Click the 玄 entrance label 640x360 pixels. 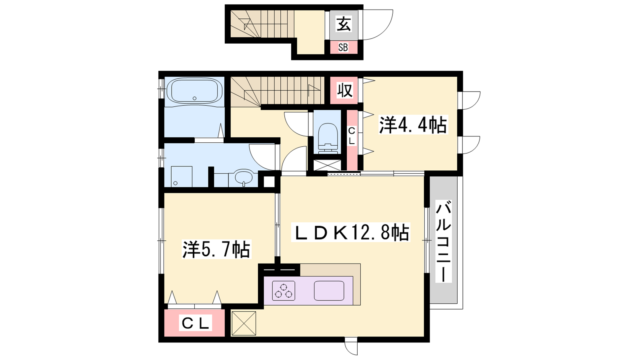[344, 24]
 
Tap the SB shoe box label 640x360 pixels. [343, 47]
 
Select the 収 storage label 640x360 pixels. [345, 90]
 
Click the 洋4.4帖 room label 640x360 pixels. [413, 124]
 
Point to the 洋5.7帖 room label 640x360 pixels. [216, 249]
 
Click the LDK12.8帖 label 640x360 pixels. [350, 232]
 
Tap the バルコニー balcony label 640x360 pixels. [443, 242]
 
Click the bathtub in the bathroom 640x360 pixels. [194, 90]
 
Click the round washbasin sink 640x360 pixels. [244, 178]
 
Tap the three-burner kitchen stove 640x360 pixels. [284, 291]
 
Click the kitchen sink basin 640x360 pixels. [329, 291]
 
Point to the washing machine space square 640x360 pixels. [182, 176]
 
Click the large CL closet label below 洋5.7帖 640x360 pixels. [196, 323]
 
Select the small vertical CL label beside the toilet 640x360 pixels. [352, 136]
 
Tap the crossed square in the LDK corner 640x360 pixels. [244, 323]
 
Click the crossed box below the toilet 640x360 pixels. [327, 166]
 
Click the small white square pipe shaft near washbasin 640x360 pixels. [268, 182]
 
